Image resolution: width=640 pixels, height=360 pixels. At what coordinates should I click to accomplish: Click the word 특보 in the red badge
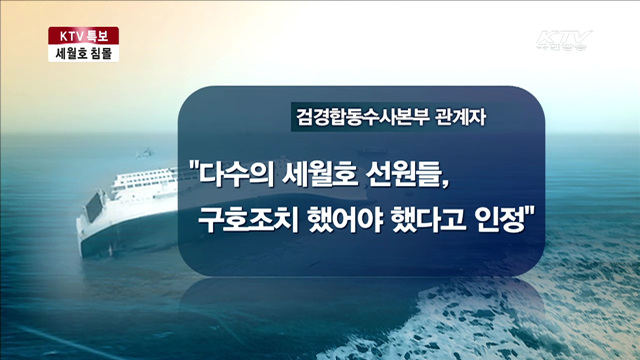(102, 36)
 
